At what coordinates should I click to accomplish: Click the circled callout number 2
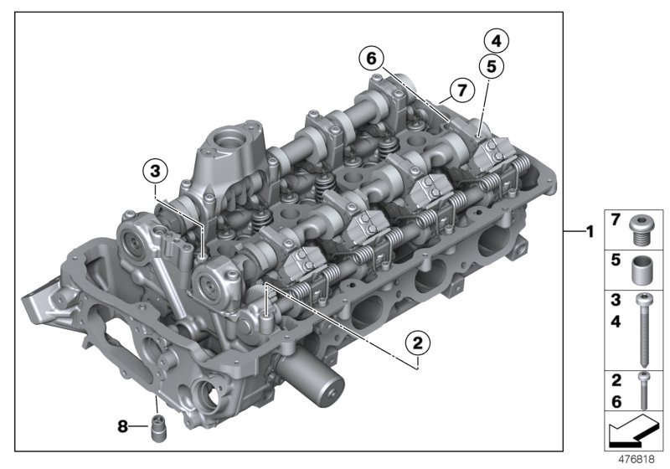pyautogui.click(x=419, y=342)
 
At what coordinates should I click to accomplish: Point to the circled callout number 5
pyautogui.click(x=491, y=65)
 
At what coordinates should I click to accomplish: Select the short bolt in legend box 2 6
pyautogui.click(x=642, y=389)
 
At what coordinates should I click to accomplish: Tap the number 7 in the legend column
pyautogui.click(x=616, y=221)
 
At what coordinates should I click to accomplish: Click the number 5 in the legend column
pyautogui.click(x=616, y=261)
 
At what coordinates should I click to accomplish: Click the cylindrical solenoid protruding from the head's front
pyautogui.click(x=322, y=382)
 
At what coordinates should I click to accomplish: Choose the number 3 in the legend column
pyautogui.click(x=616, y=300)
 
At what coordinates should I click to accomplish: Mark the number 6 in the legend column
pyautogui.click(x=616, y=403)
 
